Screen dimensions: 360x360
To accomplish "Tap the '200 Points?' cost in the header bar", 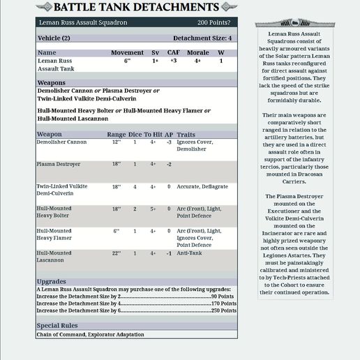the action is point(215,23).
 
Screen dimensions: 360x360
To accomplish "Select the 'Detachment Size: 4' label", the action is point(202,38).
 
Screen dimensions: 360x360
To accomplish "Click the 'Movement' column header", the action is point(127,52).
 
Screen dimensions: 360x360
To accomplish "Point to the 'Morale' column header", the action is point(197,52).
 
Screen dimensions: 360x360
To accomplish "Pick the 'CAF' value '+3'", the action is point(173,61).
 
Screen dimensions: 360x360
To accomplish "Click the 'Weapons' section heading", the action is point(51,82).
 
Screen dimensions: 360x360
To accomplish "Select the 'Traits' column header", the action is point(186,134).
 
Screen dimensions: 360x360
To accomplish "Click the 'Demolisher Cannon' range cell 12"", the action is point(117,142).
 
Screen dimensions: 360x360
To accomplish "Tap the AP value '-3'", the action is point(169,142).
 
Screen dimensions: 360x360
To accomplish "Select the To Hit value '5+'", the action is point(153,209).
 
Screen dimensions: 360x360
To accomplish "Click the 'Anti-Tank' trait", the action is point(188,253).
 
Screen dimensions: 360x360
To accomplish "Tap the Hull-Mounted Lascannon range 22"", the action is point(117,253).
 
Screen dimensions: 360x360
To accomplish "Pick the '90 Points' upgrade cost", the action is point(223,297).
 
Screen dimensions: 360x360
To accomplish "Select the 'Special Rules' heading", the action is point(57,326).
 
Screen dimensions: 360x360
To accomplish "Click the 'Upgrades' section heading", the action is point(51,282).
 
